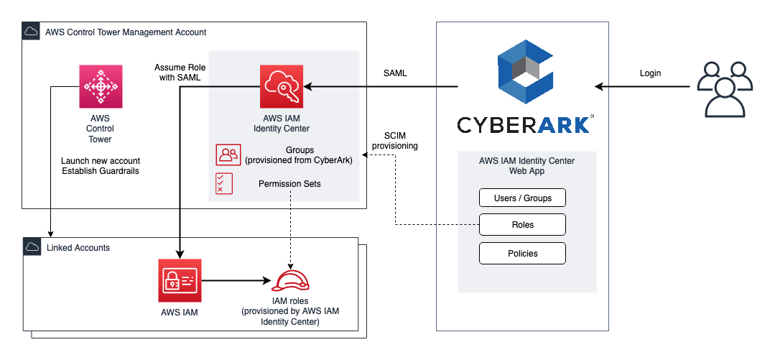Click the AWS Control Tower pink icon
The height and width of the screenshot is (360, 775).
click(x=100, y=86)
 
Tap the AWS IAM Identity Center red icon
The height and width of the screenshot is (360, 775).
click(x=282, y=86)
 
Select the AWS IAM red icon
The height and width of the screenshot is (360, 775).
click(x=180, y=280)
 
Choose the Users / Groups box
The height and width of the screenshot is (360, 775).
click(x=522, y=198)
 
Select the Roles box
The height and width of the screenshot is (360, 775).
click(x=522, y=225)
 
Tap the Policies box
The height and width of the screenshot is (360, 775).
click(x=522, y=253)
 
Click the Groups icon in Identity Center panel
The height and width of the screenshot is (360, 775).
click(x=228, y=155)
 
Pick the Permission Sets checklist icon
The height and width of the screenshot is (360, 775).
click(x=224, y=184)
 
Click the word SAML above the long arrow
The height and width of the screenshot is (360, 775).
click(x=396, y=73)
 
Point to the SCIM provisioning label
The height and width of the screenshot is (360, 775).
click(x=396, y=140)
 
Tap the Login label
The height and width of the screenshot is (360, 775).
click(x=650, y=73)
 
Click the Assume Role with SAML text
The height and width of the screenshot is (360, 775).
click(x=178, y=73)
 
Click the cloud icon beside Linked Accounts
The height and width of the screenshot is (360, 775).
click(x=31, y=247)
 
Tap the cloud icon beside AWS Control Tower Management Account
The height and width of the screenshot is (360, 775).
click(x=31, y=32)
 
